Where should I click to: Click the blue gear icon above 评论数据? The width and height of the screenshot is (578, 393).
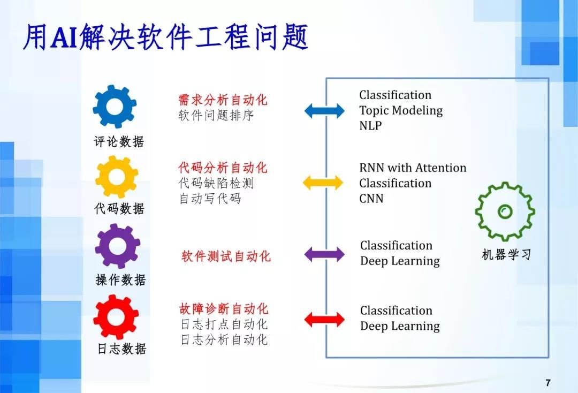click(115, 107)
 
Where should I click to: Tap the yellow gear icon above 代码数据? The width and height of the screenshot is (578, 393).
click(116, 177)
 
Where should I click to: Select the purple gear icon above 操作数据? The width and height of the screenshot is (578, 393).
click(117, 246)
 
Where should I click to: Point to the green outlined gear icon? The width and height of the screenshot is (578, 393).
click(505, 211)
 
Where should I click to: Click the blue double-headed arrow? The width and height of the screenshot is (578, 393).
click(324, 111)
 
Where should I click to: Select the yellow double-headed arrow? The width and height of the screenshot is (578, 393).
click(323, 183)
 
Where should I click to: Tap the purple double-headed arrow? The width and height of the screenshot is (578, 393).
click(324, 254)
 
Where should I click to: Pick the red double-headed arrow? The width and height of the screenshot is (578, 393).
click(324, 320)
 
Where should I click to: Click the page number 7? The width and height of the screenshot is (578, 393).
click(548, 382)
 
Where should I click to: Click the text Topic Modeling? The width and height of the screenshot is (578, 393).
click(401, 111)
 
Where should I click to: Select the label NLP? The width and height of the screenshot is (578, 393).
click(370, 126)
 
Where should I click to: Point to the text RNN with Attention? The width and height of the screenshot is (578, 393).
click(413, 168)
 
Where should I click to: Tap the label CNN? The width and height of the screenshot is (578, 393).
click(371, 199)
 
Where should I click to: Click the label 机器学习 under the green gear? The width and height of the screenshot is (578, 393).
click(506, 255)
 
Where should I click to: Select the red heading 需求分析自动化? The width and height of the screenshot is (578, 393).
click(223, 100)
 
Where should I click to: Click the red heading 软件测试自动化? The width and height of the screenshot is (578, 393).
click(226, 256)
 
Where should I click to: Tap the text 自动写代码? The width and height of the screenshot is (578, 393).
click(210, 199)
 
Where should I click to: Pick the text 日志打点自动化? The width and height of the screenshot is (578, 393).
click(224, 324)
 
